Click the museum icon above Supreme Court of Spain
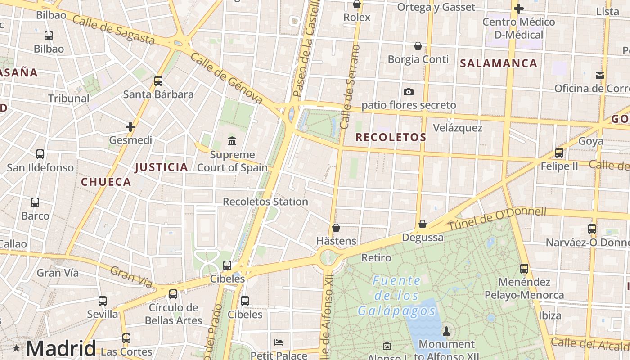pos(232,141)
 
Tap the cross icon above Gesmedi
pos(130,127)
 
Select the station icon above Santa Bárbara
pos(158,81)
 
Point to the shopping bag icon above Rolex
pos(357,4)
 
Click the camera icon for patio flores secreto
pos(409,92)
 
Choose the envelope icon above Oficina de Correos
pos(600,75)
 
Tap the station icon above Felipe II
pos(559,153)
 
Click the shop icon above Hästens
pos(336,228)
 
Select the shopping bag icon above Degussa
pos(423,224)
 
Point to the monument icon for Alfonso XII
pos(446,331)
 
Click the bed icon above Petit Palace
pos(279,342)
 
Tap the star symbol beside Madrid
pos(17,348)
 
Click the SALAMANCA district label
pos(499,63)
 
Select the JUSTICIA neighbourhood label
pos(162,167)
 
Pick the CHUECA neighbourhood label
pos(106,182)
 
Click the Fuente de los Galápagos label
pos(396,296)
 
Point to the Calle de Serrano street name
pos(351,86)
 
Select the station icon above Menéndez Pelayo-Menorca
pos(524,269)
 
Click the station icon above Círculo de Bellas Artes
pos(173,294)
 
